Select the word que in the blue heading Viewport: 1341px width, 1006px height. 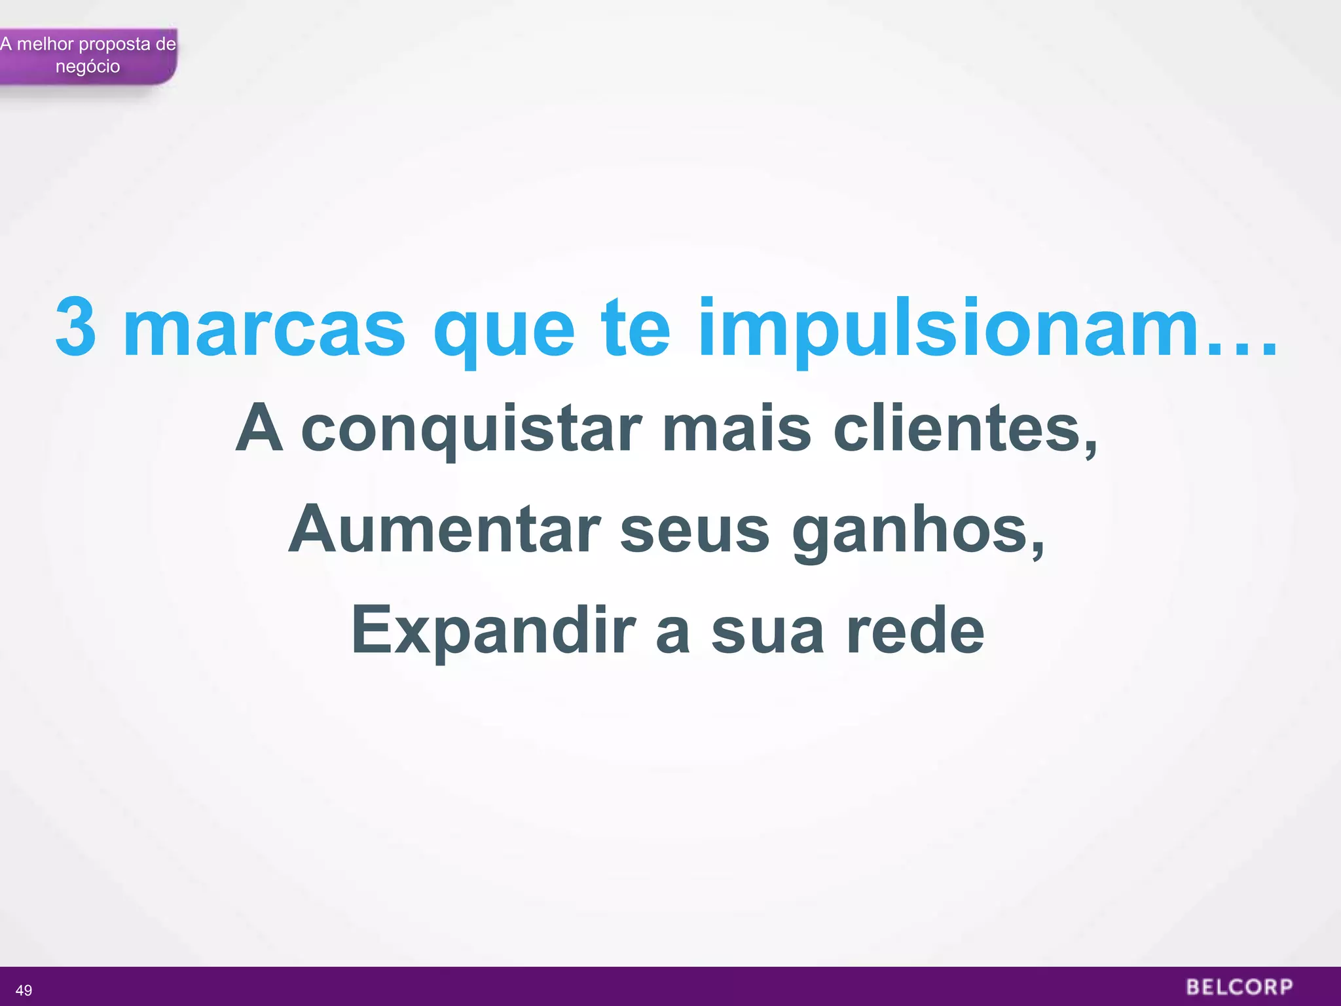coord(504,331)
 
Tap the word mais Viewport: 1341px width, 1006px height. coord(736,429)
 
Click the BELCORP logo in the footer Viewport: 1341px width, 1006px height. coord(1239,987)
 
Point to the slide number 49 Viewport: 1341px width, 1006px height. coord(24,990)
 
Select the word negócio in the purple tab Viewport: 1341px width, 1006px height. coord(88,67)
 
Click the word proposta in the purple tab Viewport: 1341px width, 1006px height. coord(115,45)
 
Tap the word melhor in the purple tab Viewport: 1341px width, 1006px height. coord(45,44)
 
